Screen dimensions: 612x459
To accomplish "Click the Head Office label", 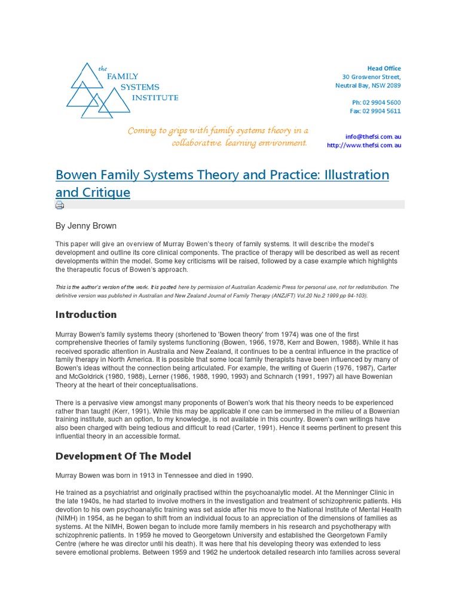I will click(x=384, y=69).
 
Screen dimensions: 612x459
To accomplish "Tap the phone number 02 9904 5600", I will click(x=377, y=103).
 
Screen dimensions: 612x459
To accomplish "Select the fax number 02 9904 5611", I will click(x=375, y=111).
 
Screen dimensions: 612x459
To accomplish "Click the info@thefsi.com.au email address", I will click(x=374, y=136).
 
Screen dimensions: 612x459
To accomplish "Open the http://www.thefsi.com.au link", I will click(x=364, y=145).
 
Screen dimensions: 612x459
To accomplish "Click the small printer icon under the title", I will click(x=60, y=205).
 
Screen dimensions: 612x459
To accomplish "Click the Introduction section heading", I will click(x=86, y=314).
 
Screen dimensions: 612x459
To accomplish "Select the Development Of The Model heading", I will click(x=123, y=456).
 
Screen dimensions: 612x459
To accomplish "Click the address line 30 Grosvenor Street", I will click(x=371, y=77).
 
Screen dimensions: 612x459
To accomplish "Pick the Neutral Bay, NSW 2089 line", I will click(x=368, y=85).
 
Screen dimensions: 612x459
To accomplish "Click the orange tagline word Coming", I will click(x=142, y=131).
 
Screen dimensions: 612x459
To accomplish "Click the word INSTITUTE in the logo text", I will click(x=155, y=97).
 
